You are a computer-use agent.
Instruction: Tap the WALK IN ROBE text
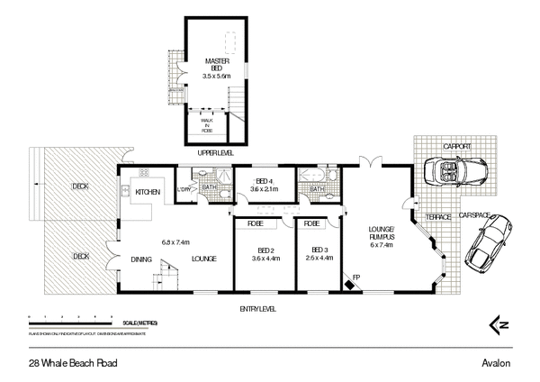pyautogui.click(x=206, y=120)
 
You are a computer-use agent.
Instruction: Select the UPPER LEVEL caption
pyautogui.click(x=215, y=153)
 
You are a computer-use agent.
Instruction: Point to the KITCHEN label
pyautogui.click(x=148, y=192)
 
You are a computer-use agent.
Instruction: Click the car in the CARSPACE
pyautogui.click(x=488, y=246)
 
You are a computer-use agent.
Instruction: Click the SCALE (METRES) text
pyautogui.click(x=131, y=323)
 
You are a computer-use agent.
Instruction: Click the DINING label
pyautogui.click(x=140, y=259)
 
